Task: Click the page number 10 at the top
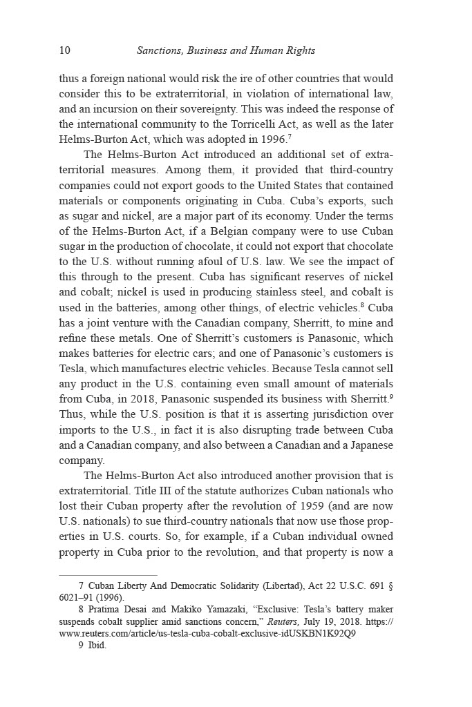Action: click(x=65, y=50)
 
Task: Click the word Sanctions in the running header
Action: click(x=160, y=50)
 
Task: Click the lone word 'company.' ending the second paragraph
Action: click(x=82, y=461)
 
